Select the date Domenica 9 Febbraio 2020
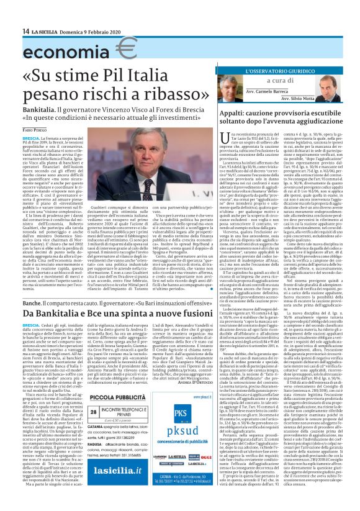coord(86,31)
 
